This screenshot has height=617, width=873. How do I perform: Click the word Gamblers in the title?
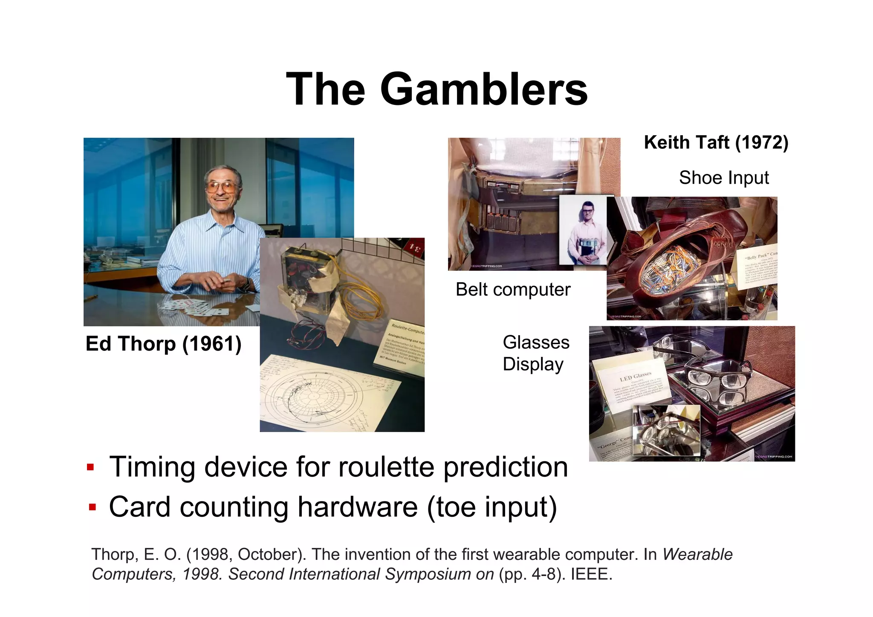(483, 89)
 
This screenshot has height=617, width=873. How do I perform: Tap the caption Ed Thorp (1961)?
(163, 344)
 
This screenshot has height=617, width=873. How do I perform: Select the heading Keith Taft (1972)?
(716, 142)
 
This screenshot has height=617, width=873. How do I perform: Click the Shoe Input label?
(723, 178)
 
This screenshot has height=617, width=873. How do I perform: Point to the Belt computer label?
(512, 290)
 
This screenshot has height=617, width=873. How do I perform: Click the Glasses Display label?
(535, 353)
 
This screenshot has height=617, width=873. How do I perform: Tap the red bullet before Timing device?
(90, 467)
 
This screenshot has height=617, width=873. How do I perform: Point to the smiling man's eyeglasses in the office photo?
(222, 186)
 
